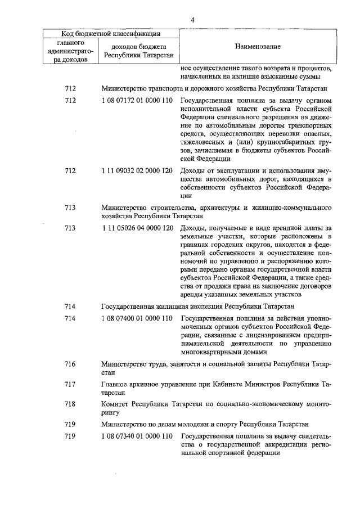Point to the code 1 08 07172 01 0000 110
138,101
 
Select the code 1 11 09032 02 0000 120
138,171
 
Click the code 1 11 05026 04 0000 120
138,227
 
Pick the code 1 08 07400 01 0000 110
138,318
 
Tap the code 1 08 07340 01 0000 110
138,436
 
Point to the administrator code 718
70,404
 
